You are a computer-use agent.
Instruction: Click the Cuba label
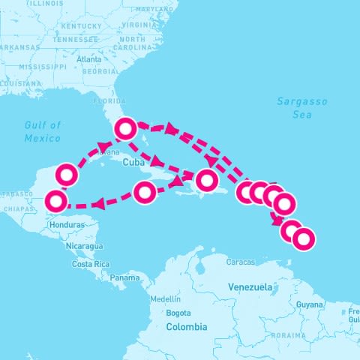(x=132, y=161)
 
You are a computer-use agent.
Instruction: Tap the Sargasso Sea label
(x=293, y=108)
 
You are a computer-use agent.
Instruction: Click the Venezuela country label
(x=250, y=287)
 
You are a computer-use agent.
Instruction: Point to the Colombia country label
(x=187, y=327)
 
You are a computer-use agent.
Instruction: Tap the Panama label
(x=124, y=277)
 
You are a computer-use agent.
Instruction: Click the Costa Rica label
(x=91, y=264)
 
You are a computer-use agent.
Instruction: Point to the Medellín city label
(x=165, y=298)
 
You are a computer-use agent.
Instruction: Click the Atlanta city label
(x=88, y=59)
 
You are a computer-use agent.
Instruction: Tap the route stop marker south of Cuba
(x=145, y=193)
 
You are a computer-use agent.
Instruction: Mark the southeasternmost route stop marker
(x=303, y=239)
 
